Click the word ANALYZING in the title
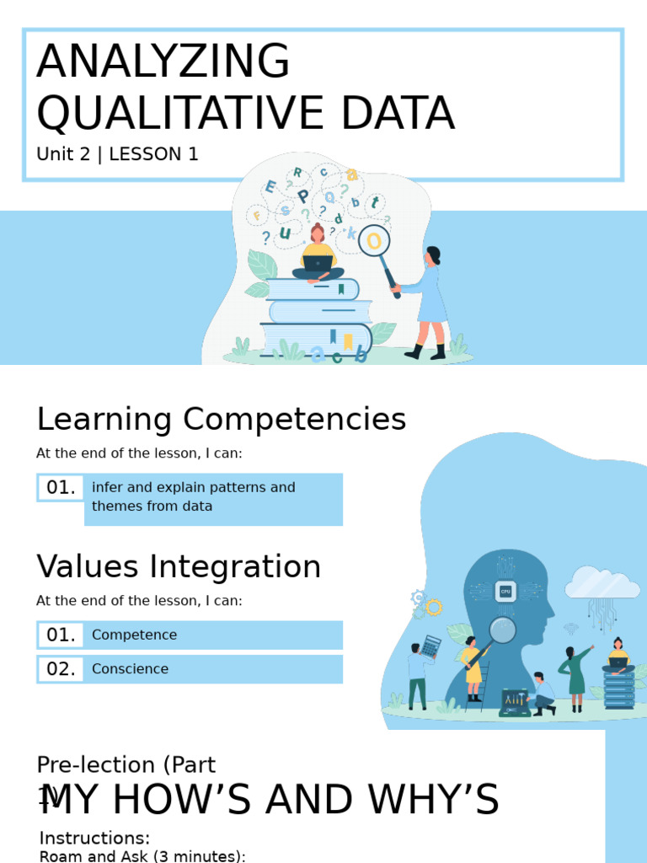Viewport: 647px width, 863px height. (x=163, y=62)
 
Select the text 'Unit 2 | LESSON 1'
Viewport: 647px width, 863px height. (x=117, y=154)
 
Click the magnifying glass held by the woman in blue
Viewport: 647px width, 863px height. (x=374, y=242)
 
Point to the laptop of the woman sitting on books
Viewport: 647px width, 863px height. (x=318, y=264)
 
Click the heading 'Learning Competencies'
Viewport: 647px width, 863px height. (x=221, y=419)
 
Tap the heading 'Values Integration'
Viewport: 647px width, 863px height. (x=179, y=566)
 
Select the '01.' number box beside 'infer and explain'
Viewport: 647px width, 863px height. (x=61, y=487)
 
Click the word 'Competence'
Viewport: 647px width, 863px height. (x=134, y=635)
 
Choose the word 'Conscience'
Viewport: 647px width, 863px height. (x=130, y=668)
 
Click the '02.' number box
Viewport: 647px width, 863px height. (x=61, y=668)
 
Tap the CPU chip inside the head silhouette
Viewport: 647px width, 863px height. (x=505, y=591)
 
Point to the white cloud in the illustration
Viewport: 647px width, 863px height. (x=602, y=583)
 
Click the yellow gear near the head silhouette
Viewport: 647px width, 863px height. (x=434, y=607)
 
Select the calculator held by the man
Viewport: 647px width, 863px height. (x=430, y=646)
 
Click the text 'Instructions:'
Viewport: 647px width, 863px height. (x=94, y=838)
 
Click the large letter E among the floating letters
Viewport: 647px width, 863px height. (x=270, y=187)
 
